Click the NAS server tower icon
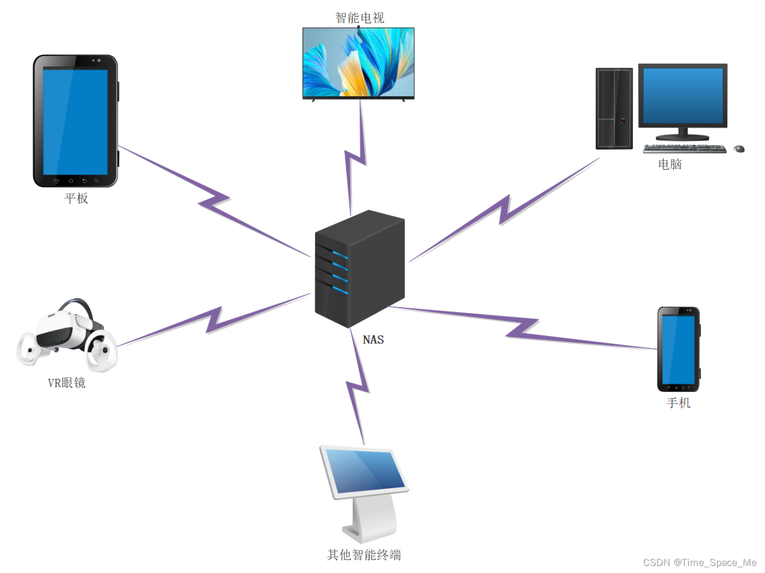click(360, 269)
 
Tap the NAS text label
click(373, 339)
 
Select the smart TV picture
click(359, 62)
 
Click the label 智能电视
click(360, 18)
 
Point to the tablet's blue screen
click(75, 121)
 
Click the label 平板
click(76, 198)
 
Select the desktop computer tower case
click(614, 108)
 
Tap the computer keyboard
click(684, 148)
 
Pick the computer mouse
click(739, 148)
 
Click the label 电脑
click(670, 164)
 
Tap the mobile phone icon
click(678, 349)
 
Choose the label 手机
click(679, 403)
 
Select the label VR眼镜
click(67, 383)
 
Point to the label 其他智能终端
click(364, 555)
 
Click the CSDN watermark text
click(700, 562)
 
